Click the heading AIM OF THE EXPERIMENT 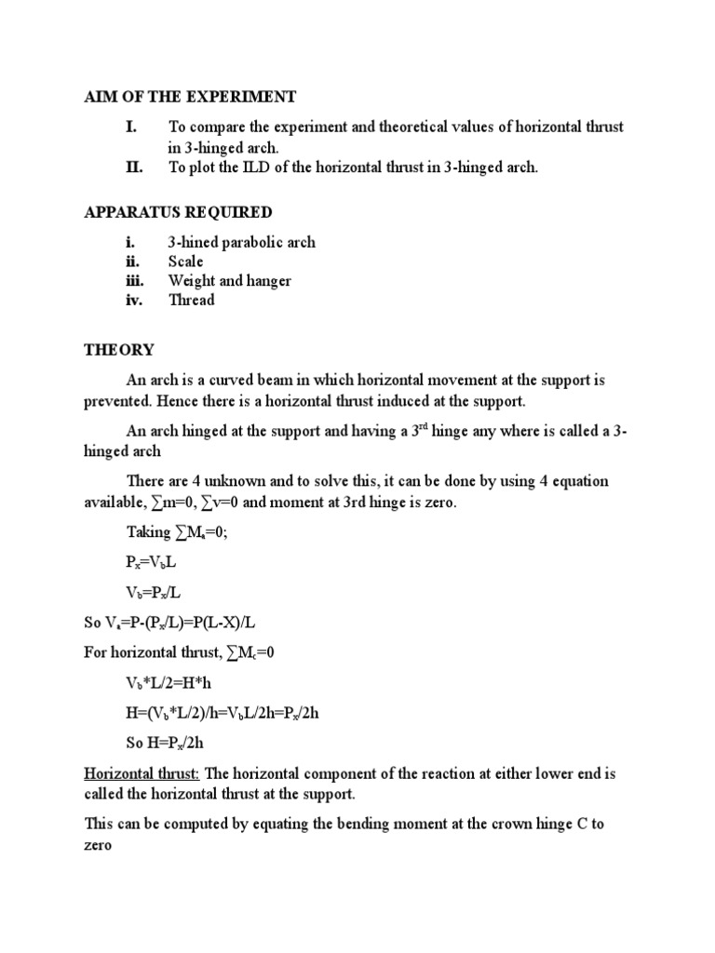tap(190, 97)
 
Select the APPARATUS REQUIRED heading tap(178, 213)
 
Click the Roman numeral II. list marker tap(134, 168)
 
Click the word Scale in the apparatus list tap(185, 262)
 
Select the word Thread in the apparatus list tap(191, 300)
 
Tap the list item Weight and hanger tap(229, 280)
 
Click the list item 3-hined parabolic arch tap(241, 242)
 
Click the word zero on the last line tap(100, 848)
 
